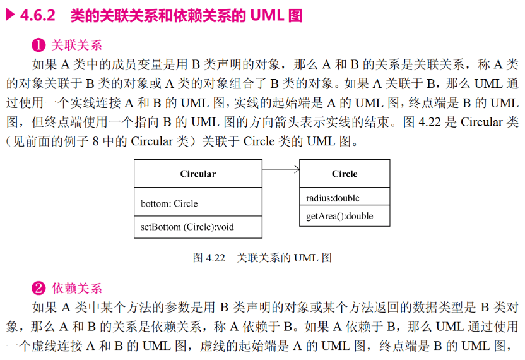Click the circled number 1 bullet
pos(38,45)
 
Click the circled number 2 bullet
pos(38,289)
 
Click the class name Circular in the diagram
pos(198,174)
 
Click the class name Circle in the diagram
pos(345,174)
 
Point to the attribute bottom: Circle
pos(169,203)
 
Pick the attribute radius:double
pos(333,198)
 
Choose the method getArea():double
pos(339,216)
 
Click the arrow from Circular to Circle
pos(280,169)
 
